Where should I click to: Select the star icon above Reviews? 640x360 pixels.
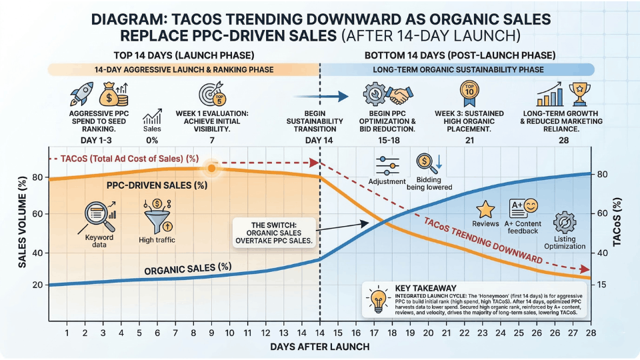(x=485, y=209)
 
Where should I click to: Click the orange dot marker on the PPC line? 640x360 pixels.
(x=211, y=168)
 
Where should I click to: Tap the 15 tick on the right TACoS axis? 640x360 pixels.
(x=603, y=285)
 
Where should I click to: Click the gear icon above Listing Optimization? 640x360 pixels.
(x=565, y=223)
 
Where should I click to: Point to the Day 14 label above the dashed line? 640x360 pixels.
(x=319, y=141)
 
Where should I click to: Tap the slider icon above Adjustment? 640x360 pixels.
(x=387, y=166)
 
